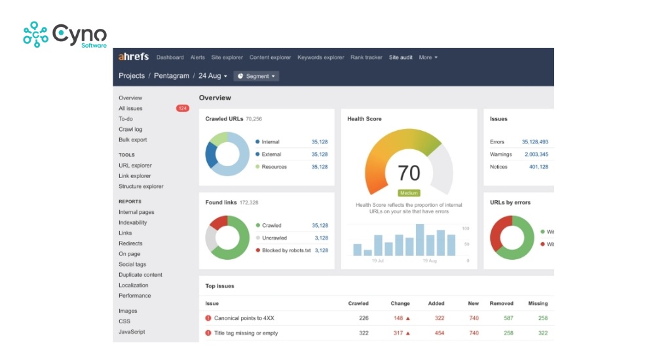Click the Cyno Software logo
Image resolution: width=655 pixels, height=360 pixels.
click(64, 35)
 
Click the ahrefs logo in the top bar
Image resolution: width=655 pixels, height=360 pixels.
click(134, 57)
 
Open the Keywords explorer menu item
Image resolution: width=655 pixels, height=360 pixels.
click(320, 58)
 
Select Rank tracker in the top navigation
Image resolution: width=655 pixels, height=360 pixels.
click(366, 58)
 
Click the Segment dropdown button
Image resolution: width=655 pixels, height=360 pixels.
click(256, 76)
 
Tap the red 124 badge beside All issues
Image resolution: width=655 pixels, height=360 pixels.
click(182, 109)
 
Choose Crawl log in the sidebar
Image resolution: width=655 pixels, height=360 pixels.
click(130, 130)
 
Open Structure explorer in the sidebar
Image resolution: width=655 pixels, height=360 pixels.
click(141, 187)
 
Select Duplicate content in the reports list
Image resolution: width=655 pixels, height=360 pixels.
click(140, 275)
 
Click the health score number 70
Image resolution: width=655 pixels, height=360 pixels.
click(409, 173)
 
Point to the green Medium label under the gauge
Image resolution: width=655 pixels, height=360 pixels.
click(409, 193)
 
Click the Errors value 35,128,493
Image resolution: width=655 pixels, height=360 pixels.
click(534, 142)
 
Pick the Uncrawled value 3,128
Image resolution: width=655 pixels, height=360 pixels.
click(321, 238)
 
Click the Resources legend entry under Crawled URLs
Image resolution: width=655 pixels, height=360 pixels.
click(274, 167)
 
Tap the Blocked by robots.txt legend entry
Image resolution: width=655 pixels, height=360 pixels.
click(286, 251)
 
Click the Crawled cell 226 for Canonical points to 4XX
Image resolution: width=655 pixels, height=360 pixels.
click(364, 318)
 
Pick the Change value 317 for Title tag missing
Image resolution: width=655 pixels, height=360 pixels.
click(398, 333)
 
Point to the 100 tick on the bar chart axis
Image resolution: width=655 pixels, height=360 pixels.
click(466, 228)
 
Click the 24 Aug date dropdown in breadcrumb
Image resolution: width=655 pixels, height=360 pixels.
click(212, 76)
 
